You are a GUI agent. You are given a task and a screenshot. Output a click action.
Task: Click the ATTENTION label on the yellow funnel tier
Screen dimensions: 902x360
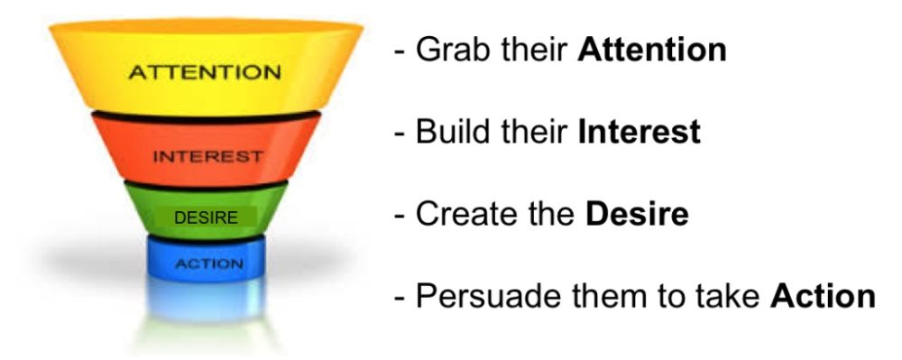[205, 72]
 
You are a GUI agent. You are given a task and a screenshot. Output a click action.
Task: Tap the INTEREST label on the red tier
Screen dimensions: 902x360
[207, 156]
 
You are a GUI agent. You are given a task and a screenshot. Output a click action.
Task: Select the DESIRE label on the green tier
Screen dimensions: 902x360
[206, 218]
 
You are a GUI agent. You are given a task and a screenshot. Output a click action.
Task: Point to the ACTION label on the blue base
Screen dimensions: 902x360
[209, 264]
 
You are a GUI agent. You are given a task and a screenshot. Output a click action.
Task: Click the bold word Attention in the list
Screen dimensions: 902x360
[652, 50]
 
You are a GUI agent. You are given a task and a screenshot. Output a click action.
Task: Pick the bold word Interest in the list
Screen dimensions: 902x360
[640, 132]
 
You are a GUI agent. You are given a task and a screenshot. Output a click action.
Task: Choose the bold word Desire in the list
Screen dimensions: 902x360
[637, 214]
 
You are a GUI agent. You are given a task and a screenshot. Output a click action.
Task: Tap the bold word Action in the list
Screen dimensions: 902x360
[824, 296]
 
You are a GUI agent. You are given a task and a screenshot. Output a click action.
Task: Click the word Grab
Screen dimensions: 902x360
[453, 50]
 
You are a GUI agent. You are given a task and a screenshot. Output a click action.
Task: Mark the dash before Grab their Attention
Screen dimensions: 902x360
[400, 52]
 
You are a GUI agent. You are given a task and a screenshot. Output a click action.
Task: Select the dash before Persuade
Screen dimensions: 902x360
[400, 299]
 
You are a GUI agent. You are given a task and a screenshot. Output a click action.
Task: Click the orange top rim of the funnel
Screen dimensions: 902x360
[206, 26]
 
